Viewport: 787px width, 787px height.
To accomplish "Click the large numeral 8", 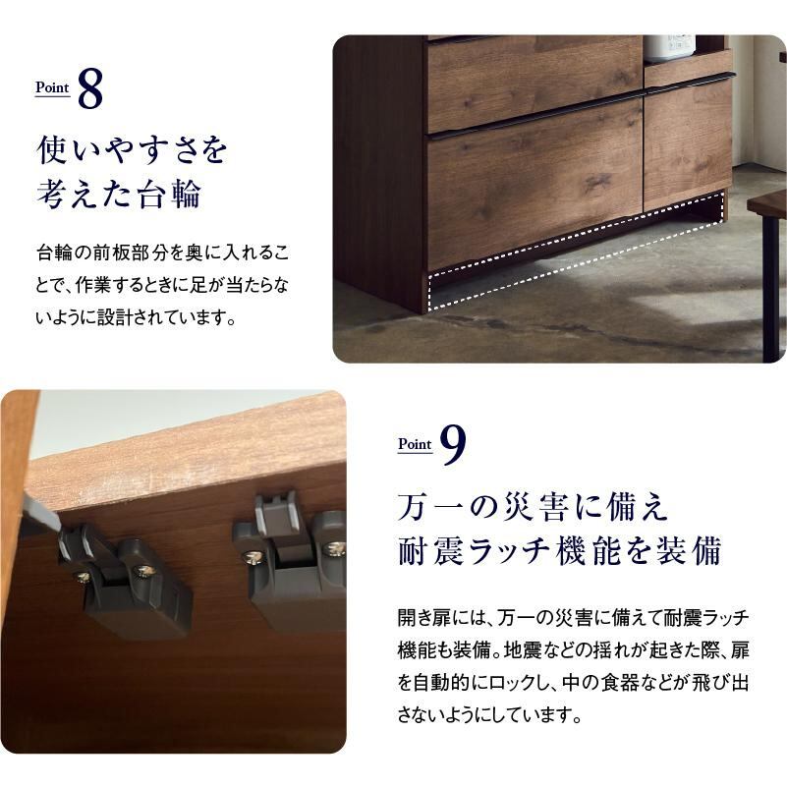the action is pos(90,88).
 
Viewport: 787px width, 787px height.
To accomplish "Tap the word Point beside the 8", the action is pos(52,87).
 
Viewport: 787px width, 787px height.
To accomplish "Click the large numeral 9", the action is pos(453,445).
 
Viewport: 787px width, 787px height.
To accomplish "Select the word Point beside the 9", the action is pos(415,444).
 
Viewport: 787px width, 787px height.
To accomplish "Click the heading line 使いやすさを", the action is pos(132,149).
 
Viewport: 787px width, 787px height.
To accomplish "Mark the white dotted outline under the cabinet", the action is pos(576,262).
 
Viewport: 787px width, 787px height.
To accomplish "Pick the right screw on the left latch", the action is pos(146,572).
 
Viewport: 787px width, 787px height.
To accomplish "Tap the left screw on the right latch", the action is pos(253,557).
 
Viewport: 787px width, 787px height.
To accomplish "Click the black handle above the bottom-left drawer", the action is pos(534,118).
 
